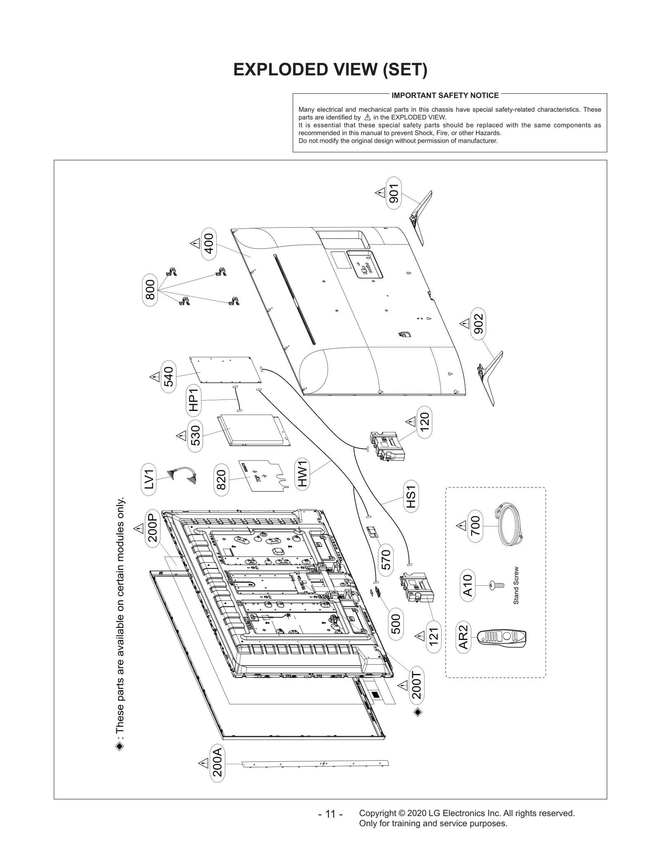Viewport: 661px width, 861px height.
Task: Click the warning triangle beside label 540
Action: coord(155,377)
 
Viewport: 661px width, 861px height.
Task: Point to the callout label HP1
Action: coord(193,400)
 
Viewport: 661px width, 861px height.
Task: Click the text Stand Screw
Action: coord(516,585)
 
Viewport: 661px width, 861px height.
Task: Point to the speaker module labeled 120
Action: coord(387,446)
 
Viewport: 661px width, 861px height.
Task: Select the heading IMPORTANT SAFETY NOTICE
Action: coord(445,95)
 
